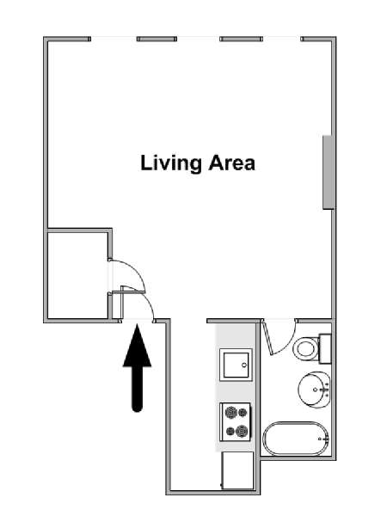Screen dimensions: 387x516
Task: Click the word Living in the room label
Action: [x=171, y=163]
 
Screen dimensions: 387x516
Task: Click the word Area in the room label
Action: [x=231, y=163]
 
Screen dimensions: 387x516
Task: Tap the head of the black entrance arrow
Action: [x=138, y=346]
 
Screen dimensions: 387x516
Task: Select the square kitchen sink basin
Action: [x=236, y=365]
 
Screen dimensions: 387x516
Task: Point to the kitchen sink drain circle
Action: [x=244, y=365]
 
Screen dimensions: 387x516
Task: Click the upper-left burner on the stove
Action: [x=231, y=412]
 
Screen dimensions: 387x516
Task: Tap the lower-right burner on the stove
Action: [x=243, y=431]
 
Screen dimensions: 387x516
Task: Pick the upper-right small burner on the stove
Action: [x=243, y=412]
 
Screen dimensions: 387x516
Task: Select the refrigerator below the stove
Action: [x=237, y=470]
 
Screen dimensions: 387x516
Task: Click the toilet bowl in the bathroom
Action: [x=305, y=348]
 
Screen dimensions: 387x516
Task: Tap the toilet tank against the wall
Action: [x=325, y=348]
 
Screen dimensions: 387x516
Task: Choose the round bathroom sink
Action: [x=314, y=390]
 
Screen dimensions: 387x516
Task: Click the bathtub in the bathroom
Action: [x=296, y=439]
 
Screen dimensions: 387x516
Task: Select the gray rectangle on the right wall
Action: [x=328, y=172]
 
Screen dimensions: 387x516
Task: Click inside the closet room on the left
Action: [x=77, y=275]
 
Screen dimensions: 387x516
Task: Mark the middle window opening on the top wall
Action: [x=199, y=39]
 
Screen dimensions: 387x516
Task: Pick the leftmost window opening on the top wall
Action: [x=114, y=39]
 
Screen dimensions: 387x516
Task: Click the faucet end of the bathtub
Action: [x=324, y=439]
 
